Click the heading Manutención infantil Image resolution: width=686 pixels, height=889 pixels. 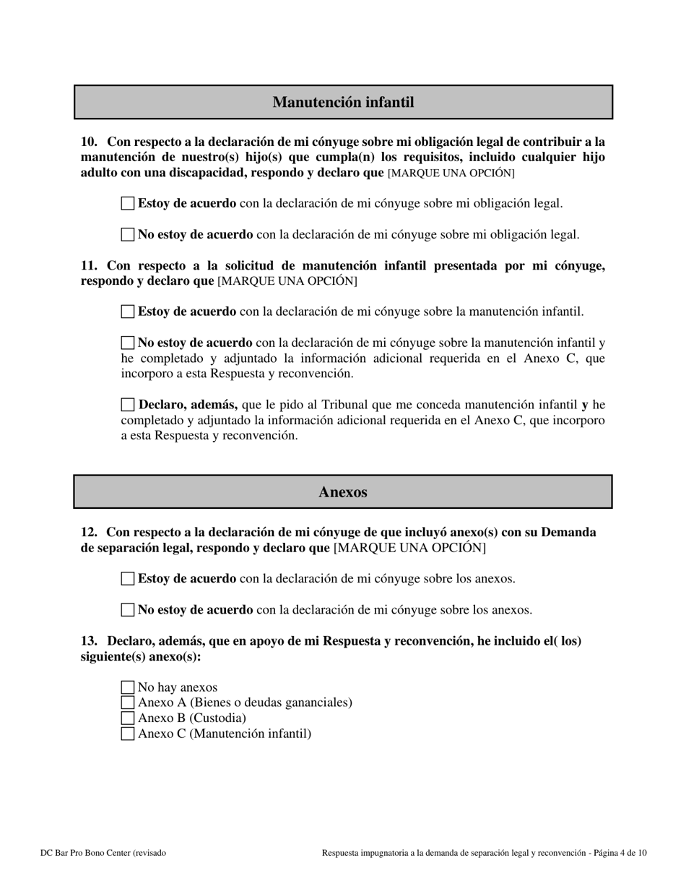pyautogui.click(x=343, y=102)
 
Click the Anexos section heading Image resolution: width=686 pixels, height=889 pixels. pyautogui.click(x=343, y=492)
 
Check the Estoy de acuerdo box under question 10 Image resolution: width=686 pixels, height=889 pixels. pyautogui.click(x=128, y=203)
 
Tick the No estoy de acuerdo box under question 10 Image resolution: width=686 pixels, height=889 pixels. pyautogui.click(x=128, y=234)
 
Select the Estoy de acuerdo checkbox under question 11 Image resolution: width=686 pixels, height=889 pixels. pyautogui.click(x=128, y=312)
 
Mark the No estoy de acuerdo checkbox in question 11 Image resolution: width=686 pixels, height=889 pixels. pyautogui.click(x=128, y=343)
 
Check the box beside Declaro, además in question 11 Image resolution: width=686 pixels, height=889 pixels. pyautogui.click(x=128, y=405)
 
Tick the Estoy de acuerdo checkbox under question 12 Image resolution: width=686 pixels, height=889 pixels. pyautogui.click(x=128, y=578)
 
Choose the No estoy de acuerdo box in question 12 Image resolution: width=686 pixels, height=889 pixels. pyautogui.click(x=128, y=609)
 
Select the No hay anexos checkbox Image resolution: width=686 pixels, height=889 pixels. pyautogui.click(x=128, y=687)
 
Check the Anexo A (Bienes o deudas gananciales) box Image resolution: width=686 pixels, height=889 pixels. pyautogui.click(x=128, y=703)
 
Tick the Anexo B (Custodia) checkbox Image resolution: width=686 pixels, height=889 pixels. pyautogui.click(x=128, y=718)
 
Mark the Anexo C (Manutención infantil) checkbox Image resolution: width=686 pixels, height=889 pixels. pyautogui.click(x=128, y=734)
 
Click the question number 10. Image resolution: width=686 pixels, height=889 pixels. pyautogui.click(x=88, y=142)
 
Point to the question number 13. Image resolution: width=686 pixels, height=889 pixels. pyautogui.click(x=88, y=641)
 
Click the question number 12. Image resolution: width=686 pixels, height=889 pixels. pyautogui.click(x=88, y=533)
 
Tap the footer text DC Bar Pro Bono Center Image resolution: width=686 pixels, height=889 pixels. pyautogui.click(x=103, y=853)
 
